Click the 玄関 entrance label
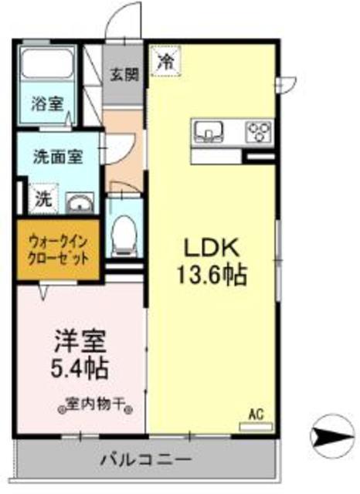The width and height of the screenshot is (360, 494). (x=124, y=75)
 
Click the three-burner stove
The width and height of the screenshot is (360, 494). (x=258, y=131)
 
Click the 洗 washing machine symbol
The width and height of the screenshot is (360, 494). (x=42, y=198)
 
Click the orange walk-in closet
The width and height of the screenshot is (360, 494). (x=54, y=250)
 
